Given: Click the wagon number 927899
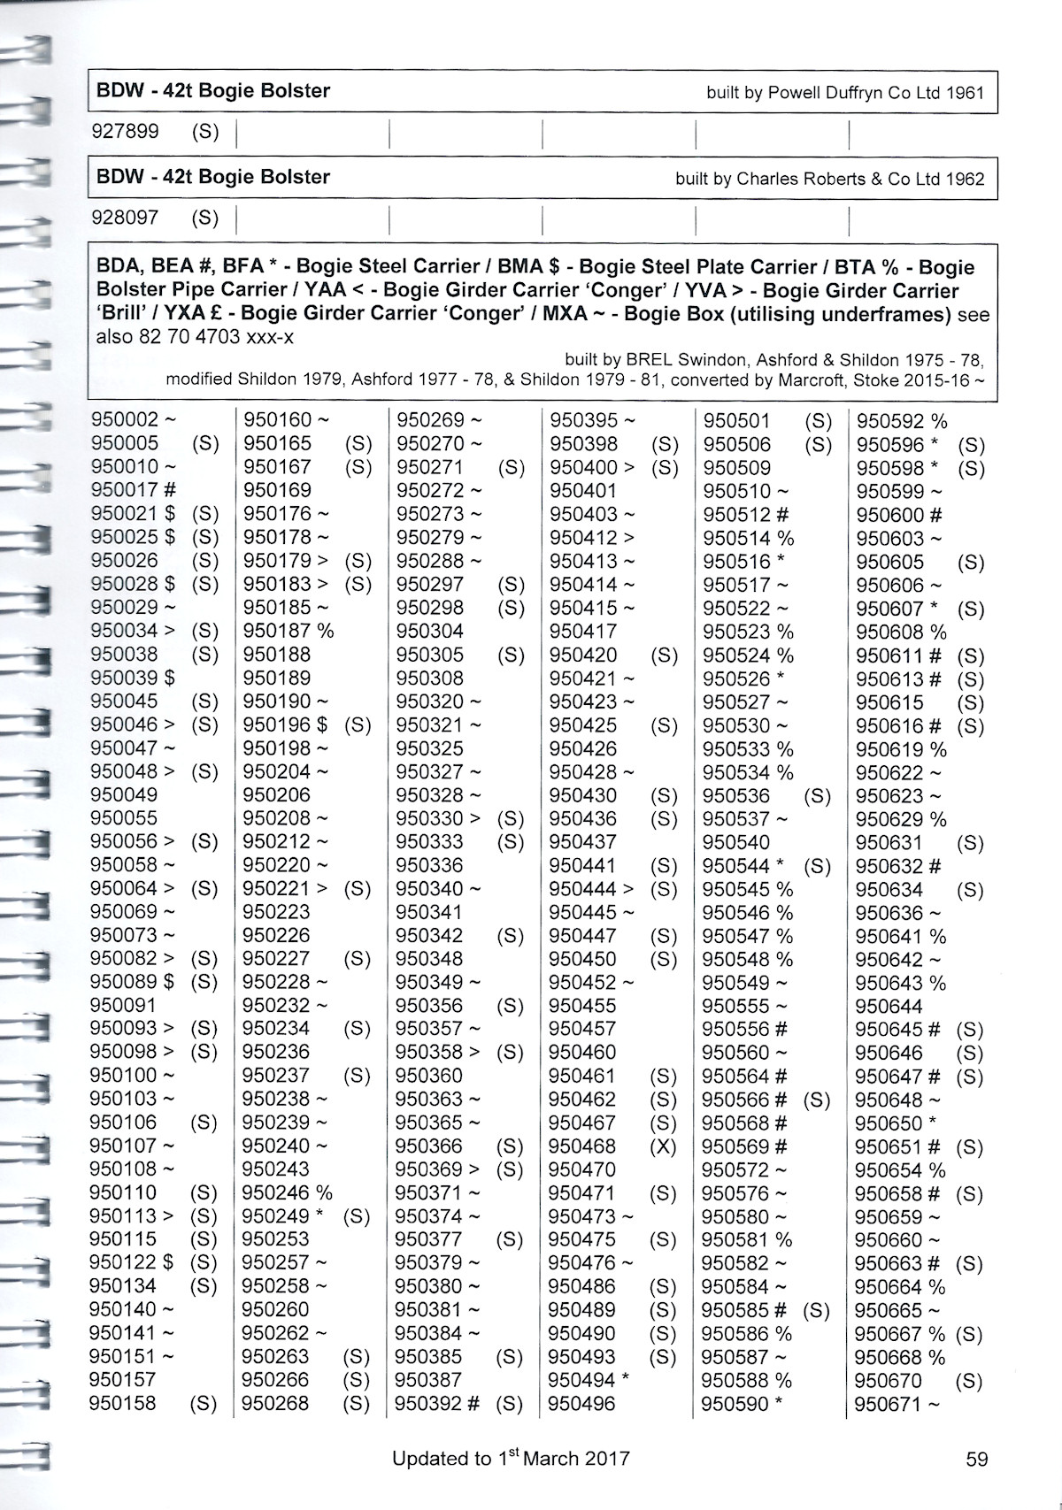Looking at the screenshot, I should (126, 132).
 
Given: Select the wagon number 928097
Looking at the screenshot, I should (126, 218).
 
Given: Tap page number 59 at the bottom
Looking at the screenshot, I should (976, 1459).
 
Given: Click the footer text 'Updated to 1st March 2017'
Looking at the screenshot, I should (511, 1459).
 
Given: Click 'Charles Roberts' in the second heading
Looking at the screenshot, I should (800, 179).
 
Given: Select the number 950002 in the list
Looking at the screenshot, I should (125, 420).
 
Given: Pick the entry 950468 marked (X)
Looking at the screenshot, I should (581, 1146).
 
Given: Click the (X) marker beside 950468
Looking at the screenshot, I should (663, 1146).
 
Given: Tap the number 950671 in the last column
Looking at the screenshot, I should (888, 1404).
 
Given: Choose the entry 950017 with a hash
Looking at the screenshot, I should (125, 490).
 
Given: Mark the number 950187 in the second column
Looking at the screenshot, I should (277, 631).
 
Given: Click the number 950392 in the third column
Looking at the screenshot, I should (429, 1404).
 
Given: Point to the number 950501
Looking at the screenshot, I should (736, 421).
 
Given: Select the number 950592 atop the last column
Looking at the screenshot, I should (889, 421).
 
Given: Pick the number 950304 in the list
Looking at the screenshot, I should (430, 631).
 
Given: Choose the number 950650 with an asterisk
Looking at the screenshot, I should (889, 1123).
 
